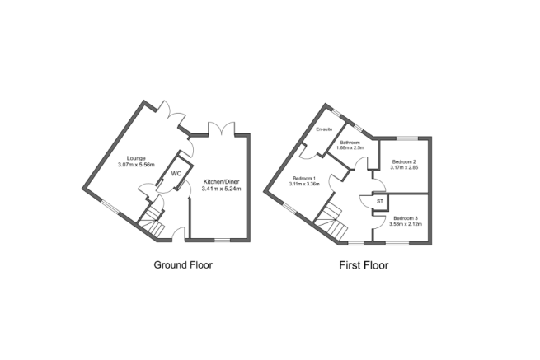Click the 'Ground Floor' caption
click(x=189, y=265)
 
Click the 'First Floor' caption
click(x=364, y=265)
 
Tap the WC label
click(x=176, y=174)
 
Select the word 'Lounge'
click(x=136, y=157)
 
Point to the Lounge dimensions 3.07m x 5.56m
click(x=136, y=166)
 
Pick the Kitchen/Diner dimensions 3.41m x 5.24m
click(x=218, y=189)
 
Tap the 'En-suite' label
click(x=323, y=129)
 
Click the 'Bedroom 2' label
click(x=403, y=161)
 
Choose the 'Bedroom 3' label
click(x=404, y=217)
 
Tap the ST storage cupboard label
click(x=380, y=200)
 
